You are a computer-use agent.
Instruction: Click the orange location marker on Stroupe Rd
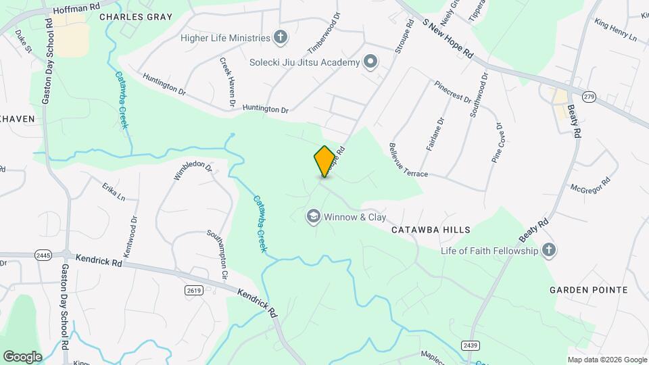tap(324, 161)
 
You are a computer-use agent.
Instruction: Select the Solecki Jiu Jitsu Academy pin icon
tap(370, 63)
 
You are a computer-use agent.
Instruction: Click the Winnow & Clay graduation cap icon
tap(313, 217)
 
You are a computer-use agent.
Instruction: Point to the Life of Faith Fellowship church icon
tap(548, 251)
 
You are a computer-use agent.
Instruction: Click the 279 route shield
tap(590, 97)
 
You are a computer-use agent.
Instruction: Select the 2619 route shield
tap(194, 289)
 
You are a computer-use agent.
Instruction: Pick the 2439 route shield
tap(471, 345)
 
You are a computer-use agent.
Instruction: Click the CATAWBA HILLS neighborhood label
tap(431, 230)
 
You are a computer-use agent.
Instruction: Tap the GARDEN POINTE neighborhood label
tap(588, 290)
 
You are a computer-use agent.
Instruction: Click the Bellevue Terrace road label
tap(408, 161)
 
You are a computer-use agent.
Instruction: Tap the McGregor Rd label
tap(590, 185)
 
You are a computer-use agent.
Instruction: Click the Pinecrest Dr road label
tap(453, 92)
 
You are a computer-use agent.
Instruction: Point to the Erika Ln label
tap(114, 191)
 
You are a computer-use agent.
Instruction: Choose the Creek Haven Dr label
tap(226, 83)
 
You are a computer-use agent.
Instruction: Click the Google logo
tap(22, 356)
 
